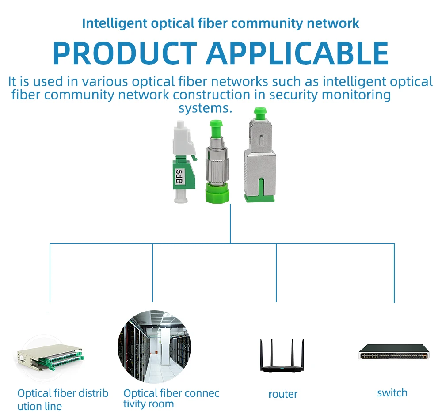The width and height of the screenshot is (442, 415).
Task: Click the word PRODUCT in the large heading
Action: click(x=125, y=53)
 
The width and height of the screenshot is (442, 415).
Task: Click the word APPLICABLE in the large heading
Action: click(x=297, y=53)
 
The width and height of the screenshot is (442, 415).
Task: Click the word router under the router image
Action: click(x=283, y=394)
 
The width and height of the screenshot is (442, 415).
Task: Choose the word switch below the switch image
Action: click(x=392, y=393)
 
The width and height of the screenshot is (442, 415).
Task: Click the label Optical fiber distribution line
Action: click(x=62, y=400)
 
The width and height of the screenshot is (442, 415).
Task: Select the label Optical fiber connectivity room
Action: click(x=171, y=399)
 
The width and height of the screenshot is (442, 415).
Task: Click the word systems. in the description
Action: click(x=205, y=108)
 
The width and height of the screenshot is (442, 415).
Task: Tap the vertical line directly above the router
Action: click(x=276, y=272)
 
